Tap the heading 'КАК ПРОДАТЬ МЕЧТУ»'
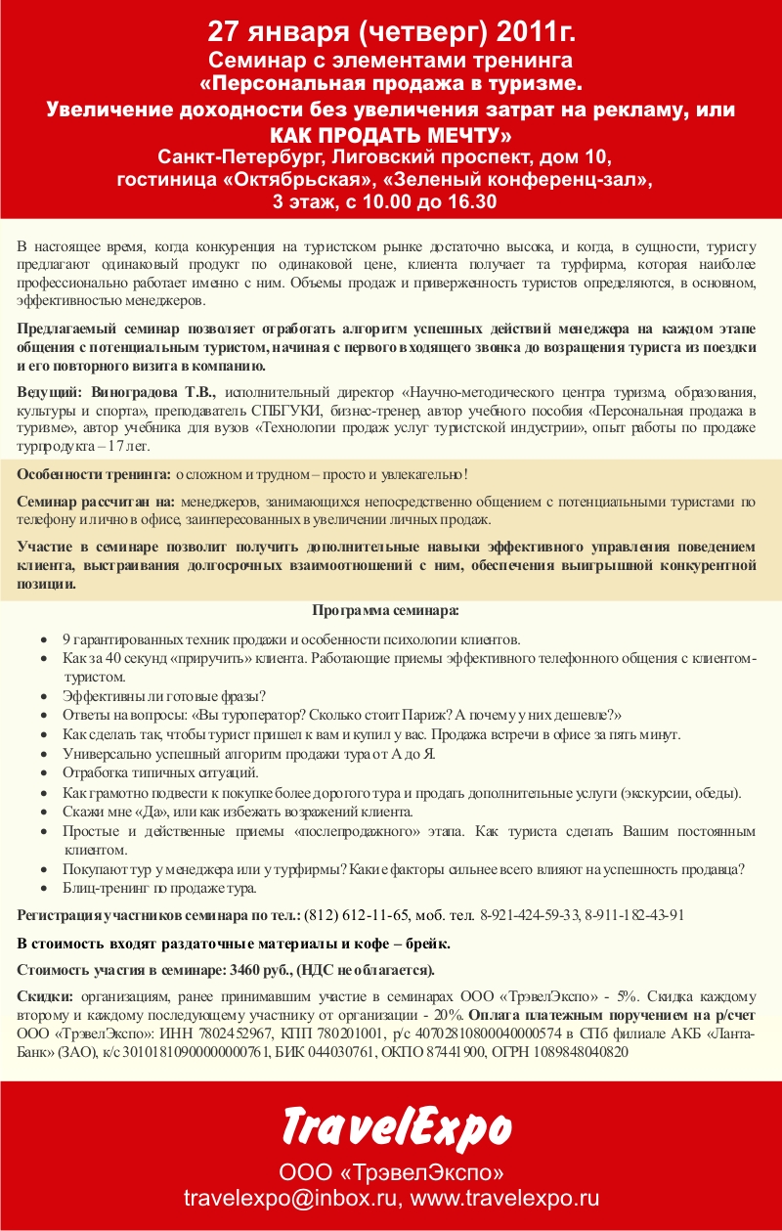pyautogui.click(x=391, y=133)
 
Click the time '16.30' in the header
pyautogui.click(x=472, y=202)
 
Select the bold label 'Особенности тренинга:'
pyautogui.click(x=94, y=474)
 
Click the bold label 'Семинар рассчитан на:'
pyautogui.click(x=96, y=502)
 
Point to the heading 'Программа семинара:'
pyautogui.click(x=385, y=611)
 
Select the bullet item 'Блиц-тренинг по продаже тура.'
pyautogui.click(x=159, y=889)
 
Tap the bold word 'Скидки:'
pyautogui.click(x=45, y=997)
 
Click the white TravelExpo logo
pyautogui.click(x=396, y=1124)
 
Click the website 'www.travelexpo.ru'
pyautogui.click(x=504, y=1198)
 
